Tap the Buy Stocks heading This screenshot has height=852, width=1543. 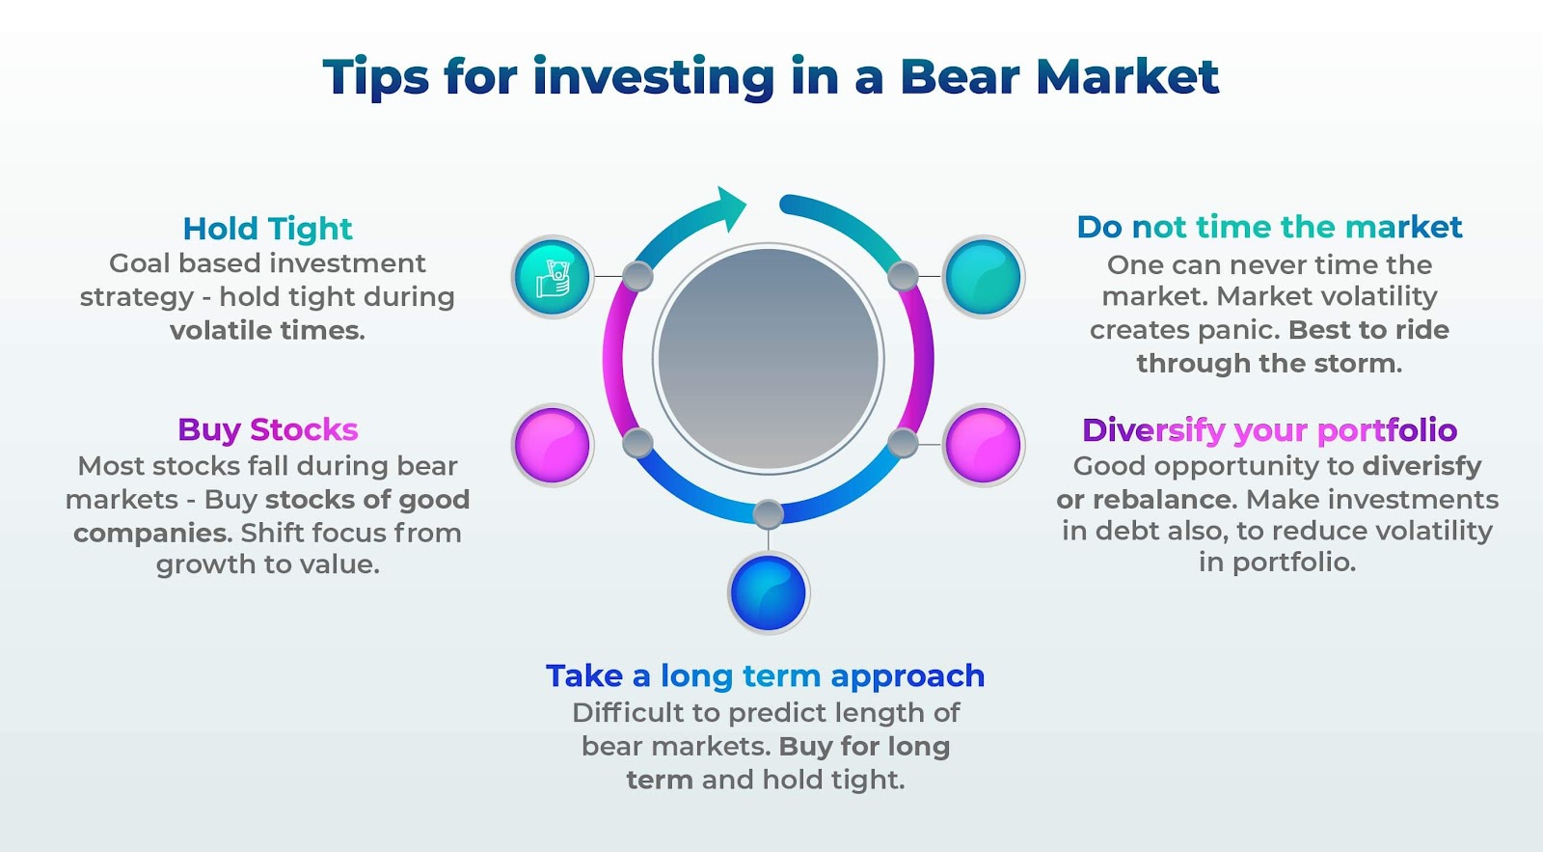tap(268, 430)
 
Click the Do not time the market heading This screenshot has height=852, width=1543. tap(1269, 228)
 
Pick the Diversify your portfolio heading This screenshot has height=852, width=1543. tap(1269, 431)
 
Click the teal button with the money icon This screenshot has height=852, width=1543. tap(552, 276)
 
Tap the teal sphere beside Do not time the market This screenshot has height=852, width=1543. tap(983, 276)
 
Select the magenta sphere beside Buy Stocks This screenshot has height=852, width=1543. tap(552, 445)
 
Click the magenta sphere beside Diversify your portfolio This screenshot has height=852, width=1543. tap(983, 445)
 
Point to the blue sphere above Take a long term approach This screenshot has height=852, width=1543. tap(768, 592)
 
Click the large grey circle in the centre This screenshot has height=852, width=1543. tap(768, 358)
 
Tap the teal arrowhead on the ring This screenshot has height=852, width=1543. tap(729, 207)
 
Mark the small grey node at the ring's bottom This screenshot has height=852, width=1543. tap(768, 514)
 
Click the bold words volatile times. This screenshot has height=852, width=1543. tap(267, 330)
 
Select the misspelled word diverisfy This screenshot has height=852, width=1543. tap(1421, 467)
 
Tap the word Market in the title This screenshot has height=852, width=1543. tap(1127, 76)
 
